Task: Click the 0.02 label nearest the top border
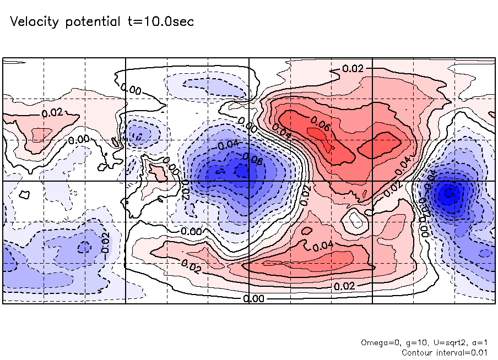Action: tap(353, 69)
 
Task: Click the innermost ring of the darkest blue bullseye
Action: tap(449, 193)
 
